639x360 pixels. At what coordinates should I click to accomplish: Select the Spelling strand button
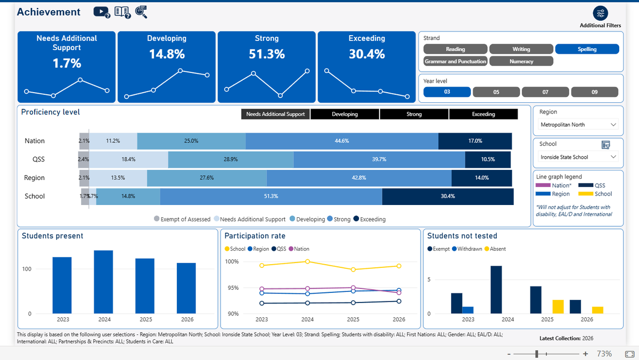coord(587,49)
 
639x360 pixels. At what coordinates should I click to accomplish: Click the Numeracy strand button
coord(521,61)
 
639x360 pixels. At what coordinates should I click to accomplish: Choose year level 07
coord(545,92)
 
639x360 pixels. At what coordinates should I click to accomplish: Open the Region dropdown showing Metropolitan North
coord(578,125)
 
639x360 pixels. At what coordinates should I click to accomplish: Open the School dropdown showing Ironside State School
coord(578,157)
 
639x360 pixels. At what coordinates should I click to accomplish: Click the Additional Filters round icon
coord(600,13)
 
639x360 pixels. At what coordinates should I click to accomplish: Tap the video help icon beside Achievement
coord(102,12)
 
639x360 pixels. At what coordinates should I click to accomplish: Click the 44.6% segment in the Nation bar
coord(342,141)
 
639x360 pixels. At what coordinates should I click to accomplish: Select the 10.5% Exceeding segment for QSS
coord(488,159)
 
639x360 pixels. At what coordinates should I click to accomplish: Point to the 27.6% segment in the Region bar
coord(207,178)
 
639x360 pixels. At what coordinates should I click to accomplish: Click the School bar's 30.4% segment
coord(448,197)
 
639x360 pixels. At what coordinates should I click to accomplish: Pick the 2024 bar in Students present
coord(103,282)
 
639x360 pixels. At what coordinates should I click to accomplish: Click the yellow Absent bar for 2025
coord(558,307)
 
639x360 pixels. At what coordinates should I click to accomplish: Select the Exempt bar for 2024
coord(496,290)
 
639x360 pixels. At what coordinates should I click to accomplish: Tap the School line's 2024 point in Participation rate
coord(307,261)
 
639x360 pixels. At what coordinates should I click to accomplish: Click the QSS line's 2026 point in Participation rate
coord(399,301)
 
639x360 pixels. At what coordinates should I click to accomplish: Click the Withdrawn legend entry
coord(467,249)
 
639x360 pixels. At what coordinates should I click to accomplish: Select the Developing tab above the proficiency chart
coord(345,114)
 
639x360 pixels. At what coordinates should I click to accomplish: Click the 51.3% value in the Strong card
coord(267,54)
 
